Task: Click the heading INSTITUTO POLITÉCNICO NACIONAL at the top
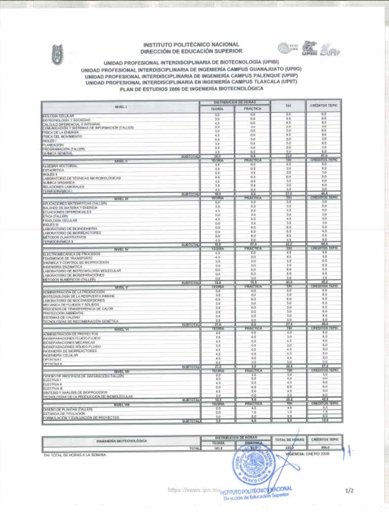coord(191,45)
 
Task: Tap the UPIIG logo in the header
coord(309,48)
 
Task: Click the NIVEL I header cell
coord(121,107)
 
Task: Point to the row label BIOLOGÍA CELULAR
coord(58,116)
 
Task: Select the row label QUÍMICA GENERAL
coord(58,153)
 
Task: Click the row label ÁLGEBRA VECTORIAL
coord(60,166)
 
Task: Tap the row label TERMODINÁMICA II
coord(58,241)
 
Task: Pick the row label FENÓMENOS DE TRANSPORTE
coord(64,258)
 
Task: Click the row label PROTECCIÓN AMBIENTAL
coord(63,313)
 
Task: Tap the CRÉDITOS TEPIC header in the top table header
coord(324,105)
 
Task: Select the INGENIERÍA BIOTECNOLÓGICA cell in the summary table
coord(122,440)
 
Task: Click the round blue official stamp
coord(252,465)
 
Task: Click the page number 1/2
coord(348,491)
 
